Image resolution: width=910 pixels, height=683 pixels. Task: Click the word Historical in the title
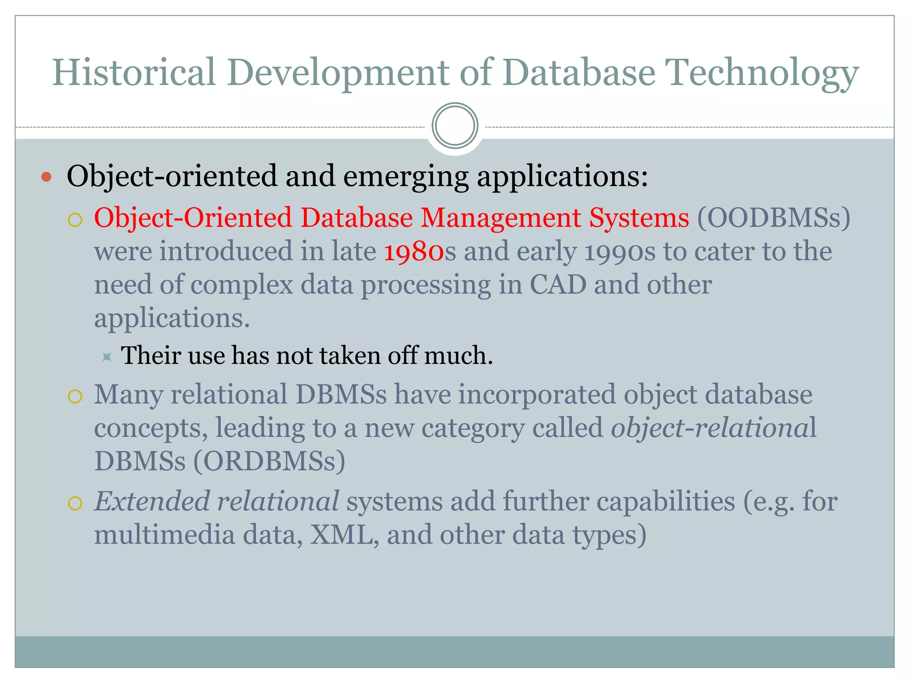pyautogui.click(x=134, y=72)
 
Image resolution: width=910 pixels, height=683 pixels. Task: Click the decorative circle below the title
pyautogui.click(x=455, y=126)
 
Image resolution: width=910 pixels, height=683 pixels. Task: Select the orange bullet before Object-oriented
pyautogui.click(x=46, y=177)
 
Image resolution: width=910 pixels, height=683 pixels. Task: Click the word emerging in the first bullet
pyautogui.click(x=406, y=177)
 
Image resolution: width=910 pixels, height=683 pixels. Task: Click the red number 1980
pyautogui.click(x=413, y=252)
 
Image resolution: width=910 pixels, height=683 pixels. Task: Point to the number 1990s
pyautogui.click(x=619, y=252)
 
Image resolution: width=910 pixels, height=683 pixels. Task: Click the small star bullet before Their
pyautogui.click(x=107, y=357)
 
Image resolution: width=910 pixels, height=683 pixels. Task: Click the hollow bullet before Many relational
pyautogui.click(x=75, y=396)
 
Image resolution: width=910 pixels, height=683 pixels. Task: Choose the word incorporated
pyautogui.click(x=537, y=394)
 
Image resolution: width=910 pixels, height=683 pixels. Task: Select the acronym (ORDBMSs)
pyautogui.click(x=269, y=461)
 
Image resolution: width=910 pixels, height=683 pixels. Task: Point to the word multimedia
pyautogui.click(x=164, y=535)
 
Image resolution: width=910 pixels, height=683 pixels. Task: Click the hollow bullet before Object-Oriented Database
pyautogui.click(x=75, y=220)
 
